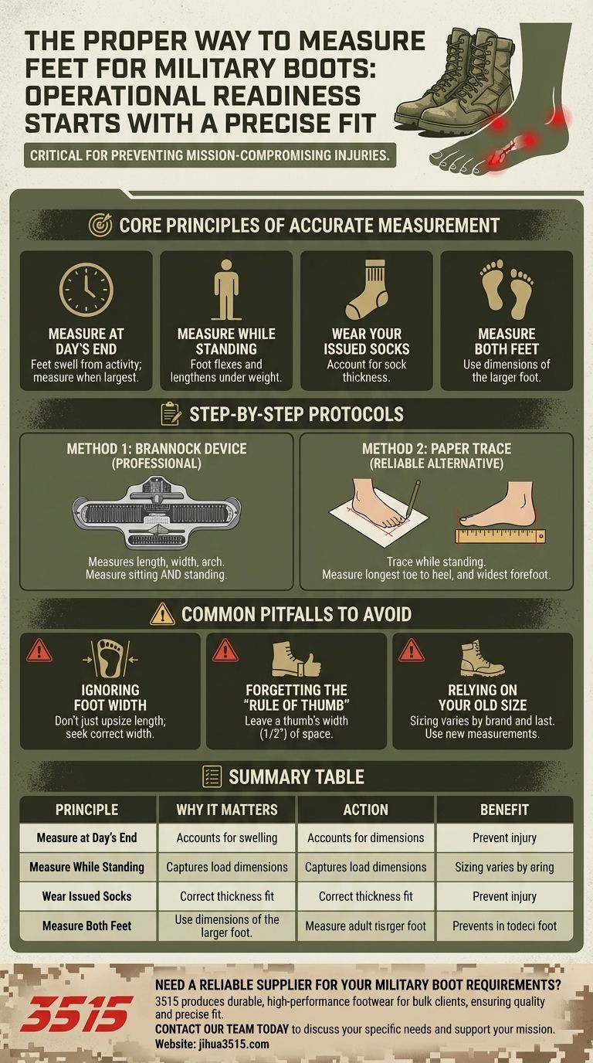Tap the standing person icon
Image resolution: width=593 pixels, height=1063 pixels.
point(226,290)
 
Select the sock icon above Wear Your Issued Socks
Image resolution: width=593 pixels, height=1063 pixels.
point(366,290)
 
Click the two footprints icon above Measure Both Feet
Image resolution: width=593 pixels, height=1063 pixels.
point(507,289)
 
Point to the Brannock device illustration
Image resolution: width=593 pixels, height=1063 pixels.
point(157,512)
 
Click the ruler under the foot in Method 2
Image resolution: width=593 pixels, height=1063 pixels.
point(500,535)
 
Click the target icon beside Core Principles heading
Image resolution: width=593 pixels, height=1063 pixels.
point(100,225)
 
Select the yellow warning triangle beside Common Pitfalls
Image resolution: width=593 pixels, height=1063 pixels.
point(163,614)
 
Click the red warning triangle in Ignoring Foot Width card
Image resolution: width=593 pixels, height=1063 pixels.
point(39,650)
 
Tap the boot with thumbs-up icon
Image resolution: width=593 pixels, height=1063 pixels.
point(296,659)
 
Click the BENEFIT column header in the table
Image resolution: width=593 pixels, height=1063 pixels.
point(504,810)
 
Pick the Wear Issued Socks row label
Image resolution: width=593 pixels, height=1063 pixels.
point(86,896)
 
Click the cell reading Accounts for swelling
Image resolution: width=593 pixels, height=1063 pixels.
point(226,837)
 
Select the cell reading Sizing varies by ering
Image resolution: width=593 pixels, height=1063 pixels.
point(504,867)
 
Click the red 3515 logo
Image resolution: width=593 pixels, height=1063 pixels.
point(76,1013)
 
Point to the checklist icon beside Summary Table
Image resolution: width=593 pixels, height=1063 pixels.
point(211,776)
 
